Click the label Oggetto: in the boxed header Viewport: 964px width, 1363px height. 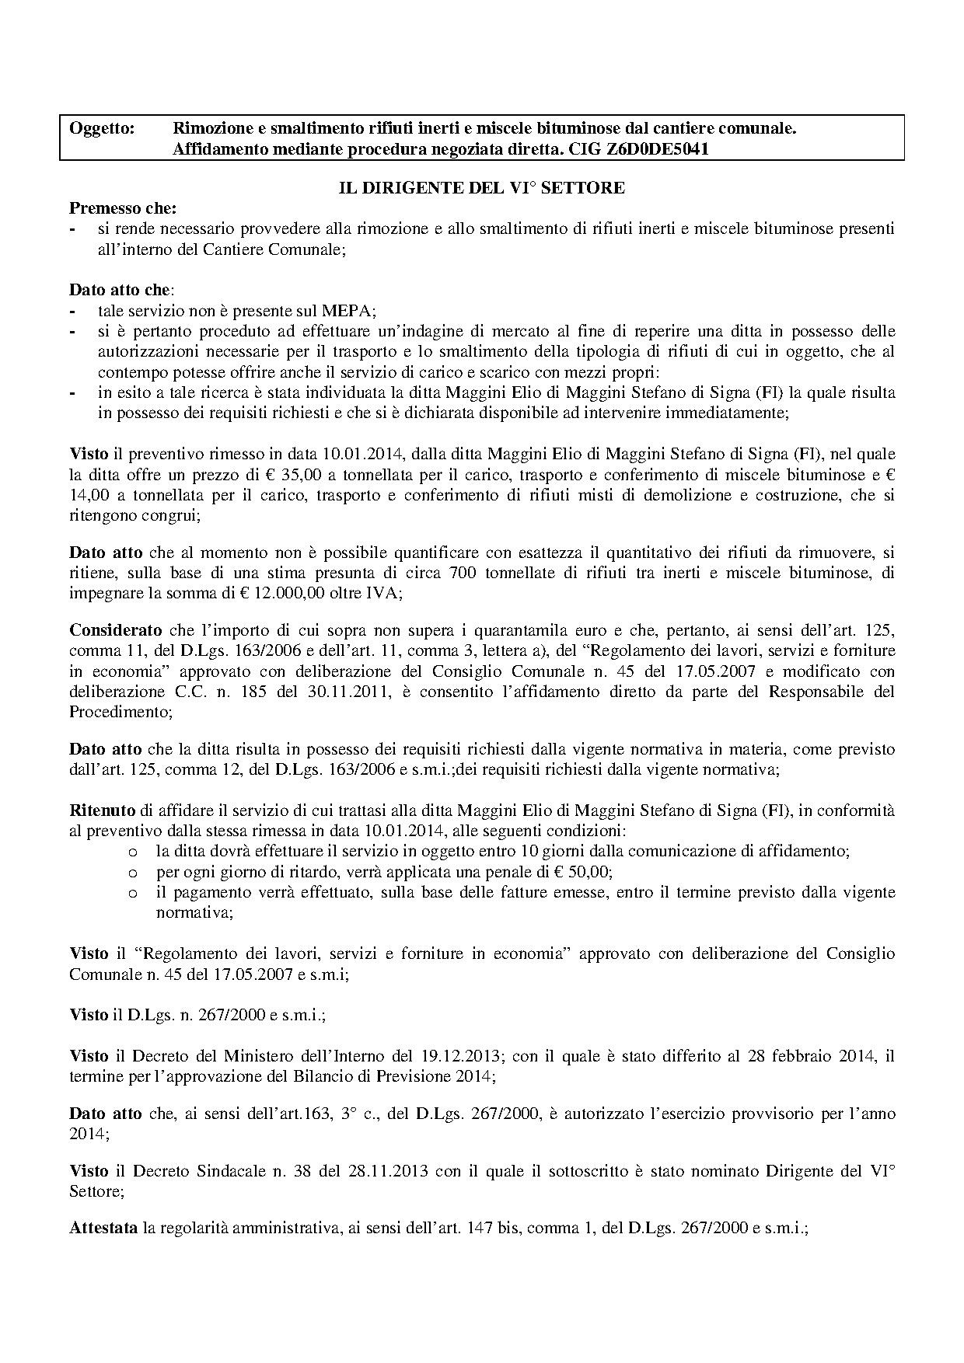click(102, 128)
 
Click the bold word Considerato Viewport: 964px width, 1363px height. click(116, 629)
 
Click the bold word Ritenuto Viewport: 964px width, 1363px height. click(102, 810)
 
